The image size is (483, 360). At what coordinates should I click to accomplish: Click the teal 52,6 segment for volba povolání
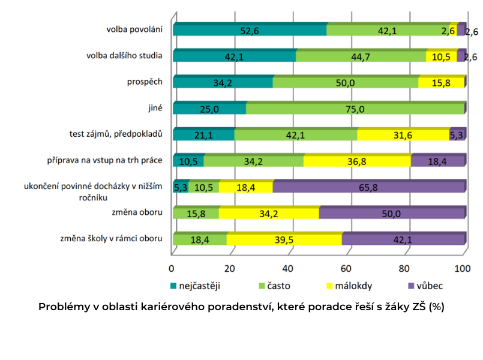click(x=249, y=30)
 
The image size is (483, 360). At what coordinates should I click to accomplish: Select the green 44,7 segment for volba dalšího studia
click(x=361, y=56)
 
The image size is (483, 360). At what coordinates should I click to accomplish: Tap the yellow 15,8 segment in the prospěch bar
click(x=441, y=83)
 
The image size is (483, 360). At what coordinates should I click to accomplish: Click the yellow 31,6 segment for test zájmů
click(x=403, y=135)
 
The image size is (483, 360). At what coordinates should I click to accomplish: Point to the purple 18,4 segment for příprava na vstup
click(x=438, y=161)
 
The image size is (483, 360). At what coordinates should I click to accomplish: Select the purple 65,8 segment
click(x=368, y=187)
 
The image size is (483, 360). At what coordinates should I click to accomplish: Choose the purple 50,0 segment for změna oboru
click(x=392, y=213)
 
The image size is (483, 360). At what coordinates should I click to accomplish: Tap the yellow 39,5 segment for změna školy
click(x=284, y=239)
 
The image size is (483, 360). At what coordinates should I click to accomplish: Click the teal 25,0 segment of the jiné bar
click(x=209, y=109)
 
